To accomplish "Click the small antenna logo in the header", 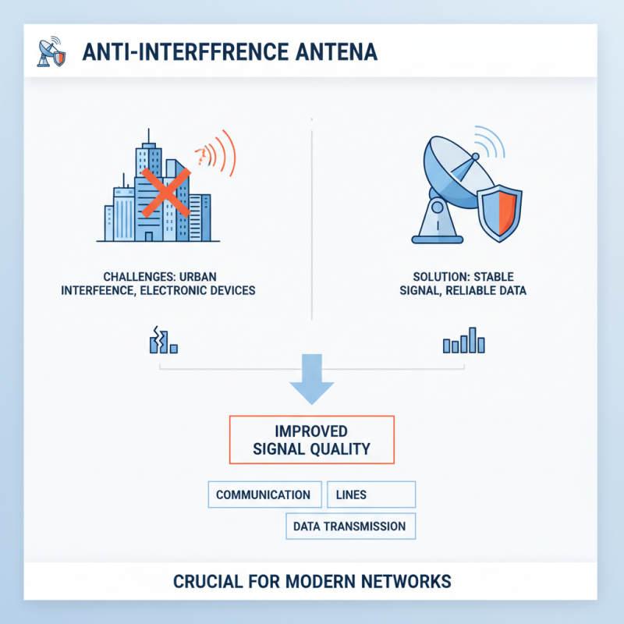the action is tap(51, 51).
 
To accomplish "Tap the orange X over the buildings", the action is tap(165, 193).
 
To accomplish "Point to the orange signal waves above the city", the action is tap(217, 153).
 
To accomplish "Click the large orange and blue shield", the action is tap(499, 213).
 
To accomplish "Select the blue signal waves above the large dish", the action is tap(491, 142).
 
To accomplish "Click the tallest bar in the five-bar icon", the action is tap(473, 340).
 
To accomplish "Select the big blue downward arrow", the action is tap(311, 379).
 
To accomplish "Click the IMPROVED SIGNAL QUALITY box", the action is tap(311, 440).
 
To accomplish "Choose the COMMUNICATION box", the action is tap(264, 495).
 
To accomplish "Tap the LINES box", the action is tap(371, 495).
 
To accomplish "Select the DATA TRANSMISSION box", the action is tap(350, 526).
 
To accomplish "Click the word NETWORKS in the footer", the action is tap(406, 581).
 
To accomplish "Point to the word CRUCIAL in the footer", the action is tap(207, 581).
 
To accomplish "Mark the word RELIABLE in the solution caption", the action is tap(467, 290).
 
